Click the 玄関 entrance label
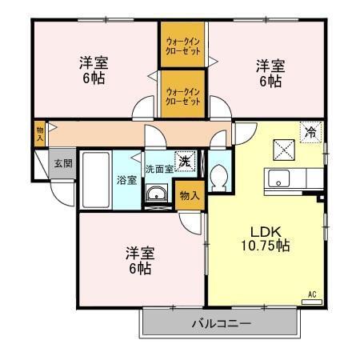63,163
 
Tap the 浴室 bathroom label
126,178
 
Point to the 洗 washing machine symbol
184,161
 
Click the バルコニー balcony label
222,324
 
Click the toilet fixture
219,178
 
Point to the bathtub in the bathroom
95,177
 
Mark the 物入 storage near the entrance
40,133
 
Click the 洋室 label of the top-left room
94,62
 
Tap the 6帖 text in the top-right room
269,80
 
